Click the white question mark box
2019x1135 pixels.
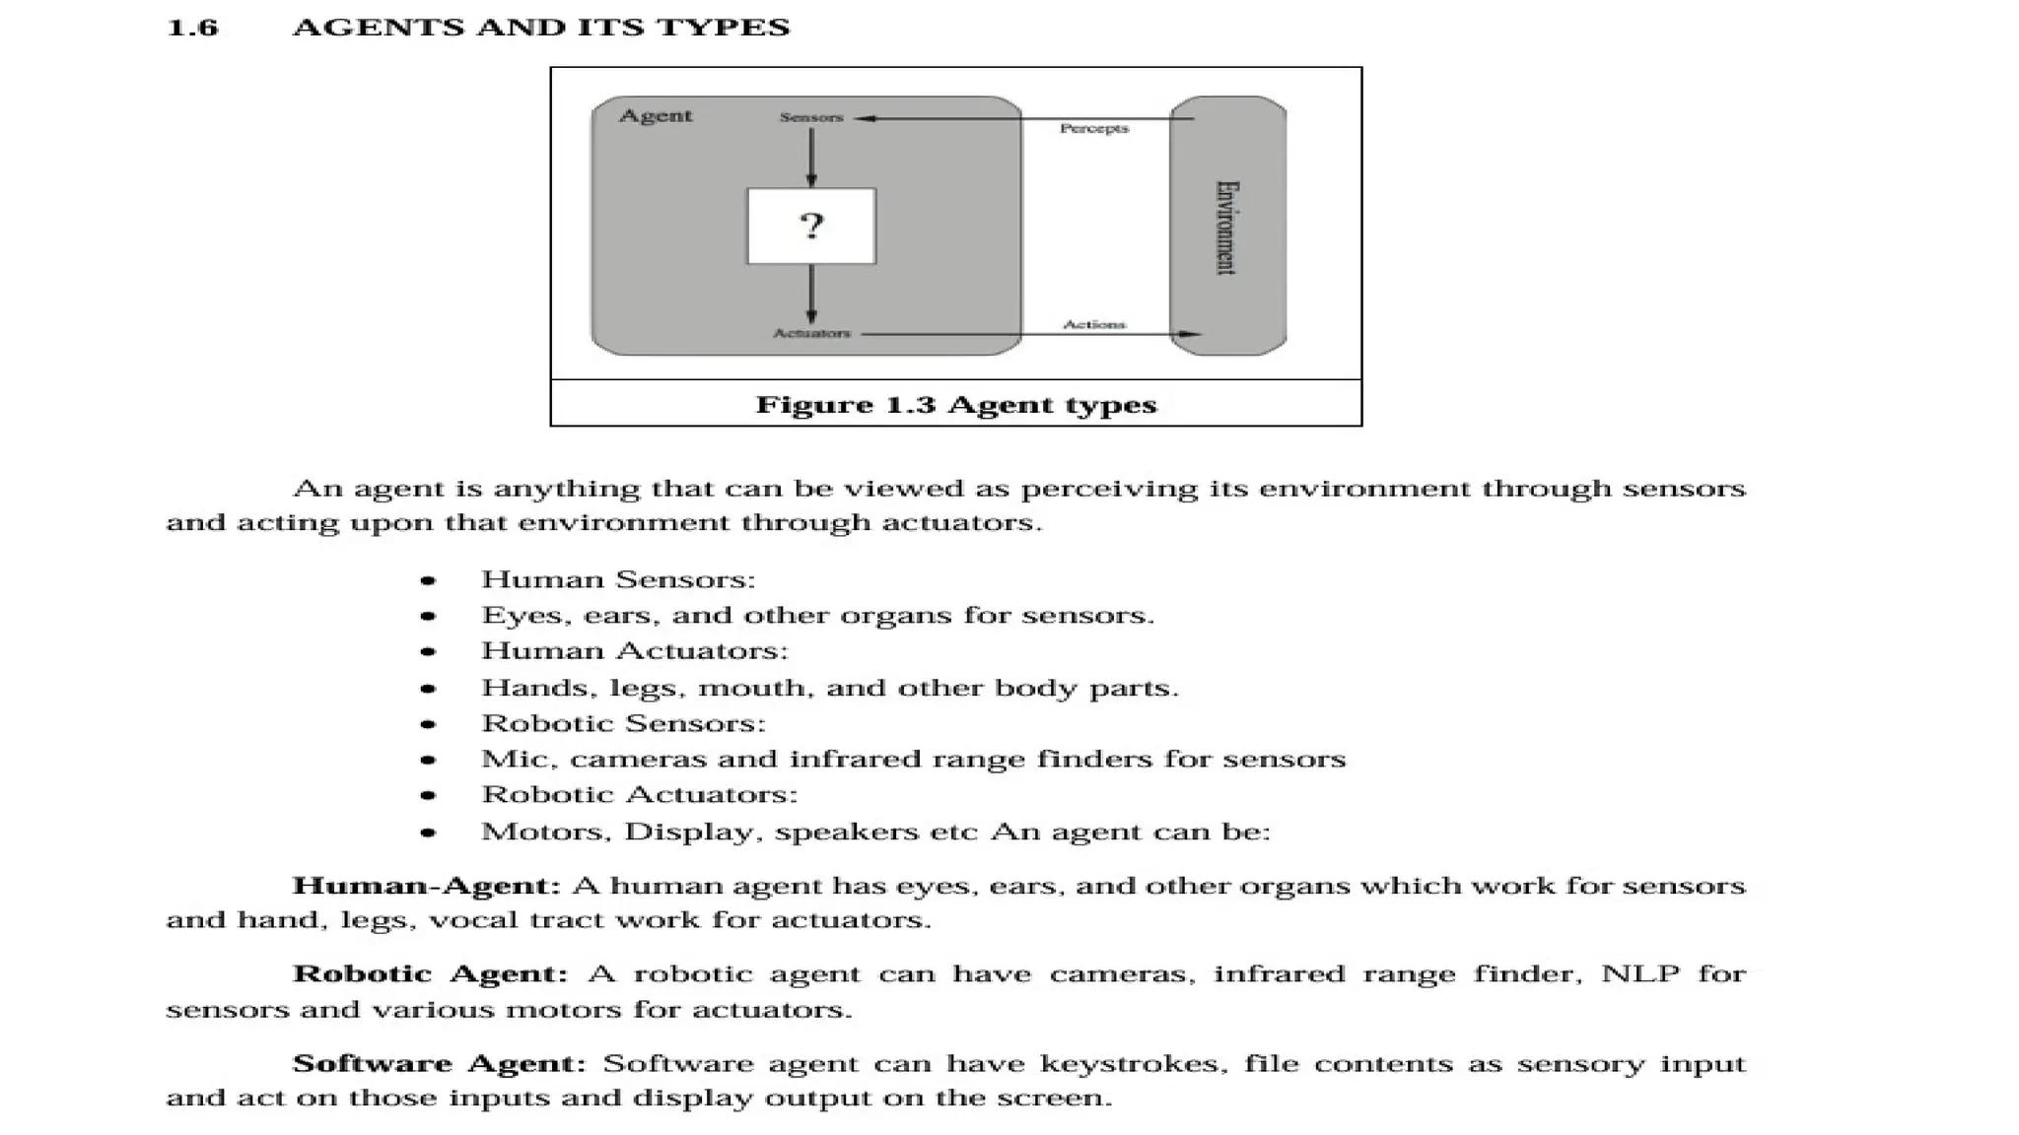(810, 227)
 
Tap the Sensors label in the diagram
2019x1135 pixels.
(811, 117)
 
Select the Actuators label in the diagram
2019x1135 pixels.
(811, 333)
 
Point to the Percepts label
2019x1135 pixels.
(1094, 128)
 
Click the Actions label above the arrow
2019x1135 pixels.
(1094, 324)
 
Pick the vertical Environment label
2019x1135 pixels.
(1226, 228)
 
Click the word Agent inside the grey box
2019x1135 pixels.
(656, 116)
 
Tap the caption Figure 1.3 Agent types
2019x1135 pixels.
(955, 405)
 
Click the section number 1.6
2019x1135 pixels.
(192, 28)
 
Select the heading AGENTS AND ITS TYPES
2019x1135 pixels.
(541, 28)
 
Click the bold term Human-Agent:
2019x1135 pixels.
(426, 886)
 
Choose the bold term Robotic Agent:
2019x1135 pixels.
(430, 974)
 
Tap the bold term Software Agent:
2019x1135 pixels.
(439, 1064)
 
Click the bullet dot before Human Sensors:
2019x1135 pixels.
(428, 581)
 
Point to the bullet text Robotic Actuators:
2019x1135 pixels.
(639, 795)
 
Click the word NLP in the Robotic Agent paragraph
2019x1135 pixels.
(1640, 974)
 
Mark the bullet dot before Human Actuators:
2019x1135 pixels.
(428, 652)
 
